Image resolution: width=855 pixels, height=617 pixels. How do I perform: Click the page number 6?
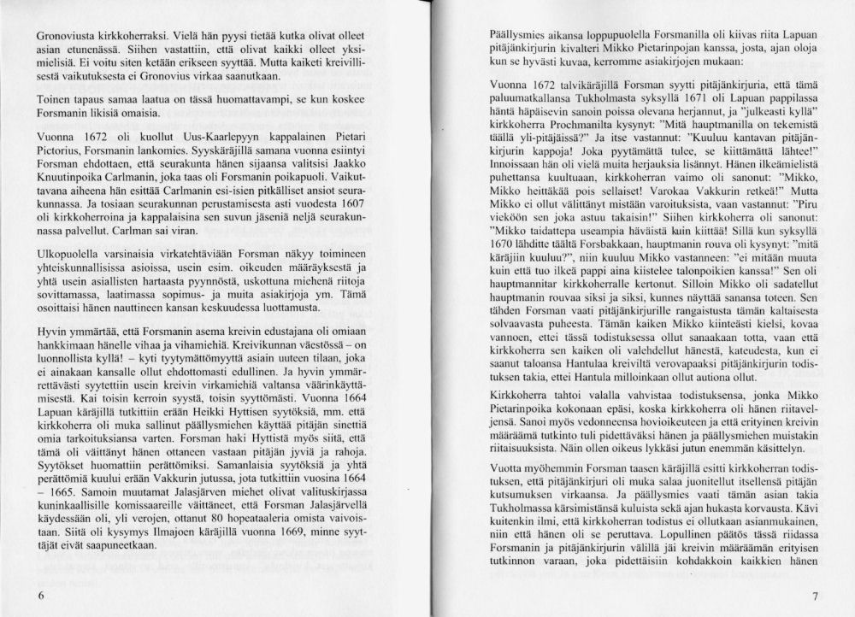[40, 595]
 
